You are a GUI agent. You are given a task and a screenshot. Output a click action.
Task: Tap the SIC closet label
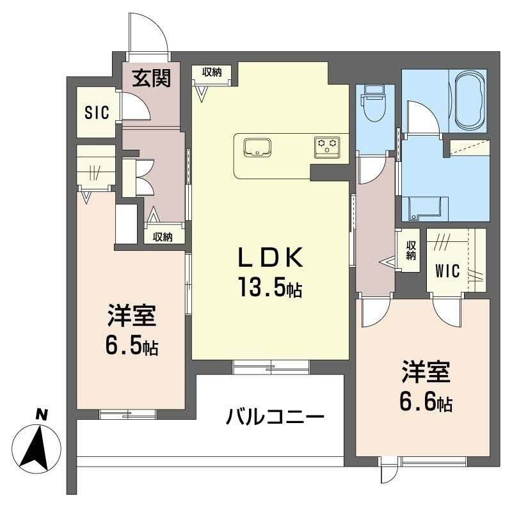click(x=97, y=113)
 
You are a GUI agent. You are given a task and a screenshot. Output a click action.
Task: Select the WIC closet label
click(x=447, y=271)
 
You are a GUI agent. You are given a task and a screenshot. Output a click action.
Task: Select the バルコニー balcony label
click(x=275, y=416)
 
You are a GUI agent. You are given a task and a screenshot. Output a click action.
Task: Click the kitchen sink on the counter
click(x=257, y=147)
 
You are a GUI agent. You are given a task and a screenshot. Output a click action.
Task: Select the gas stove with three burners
click(x=327, y=147)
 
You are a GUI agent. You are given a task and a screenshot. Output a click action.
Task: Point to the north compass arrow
click(x=36, y=449)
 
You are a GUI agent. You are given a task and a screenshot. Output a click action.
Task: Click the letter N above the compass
click(x=42, y=414)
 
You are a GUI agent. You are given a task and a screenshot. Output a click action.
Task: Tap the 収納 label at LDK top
click(x=212, y=72)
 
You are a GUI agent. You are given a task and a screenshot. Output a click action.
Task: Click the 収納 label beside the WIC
click(x=411, y=250)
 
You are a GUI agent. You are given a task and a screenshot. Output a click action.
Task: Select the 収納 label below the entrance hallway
click(x=163, y=237)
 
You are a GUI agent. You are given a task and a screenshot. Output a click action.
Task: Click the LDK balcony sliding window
click(x=271, y=367)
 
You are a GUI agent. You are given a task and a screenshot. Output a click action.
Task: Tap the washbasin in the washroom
click(x=424, y=208)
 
